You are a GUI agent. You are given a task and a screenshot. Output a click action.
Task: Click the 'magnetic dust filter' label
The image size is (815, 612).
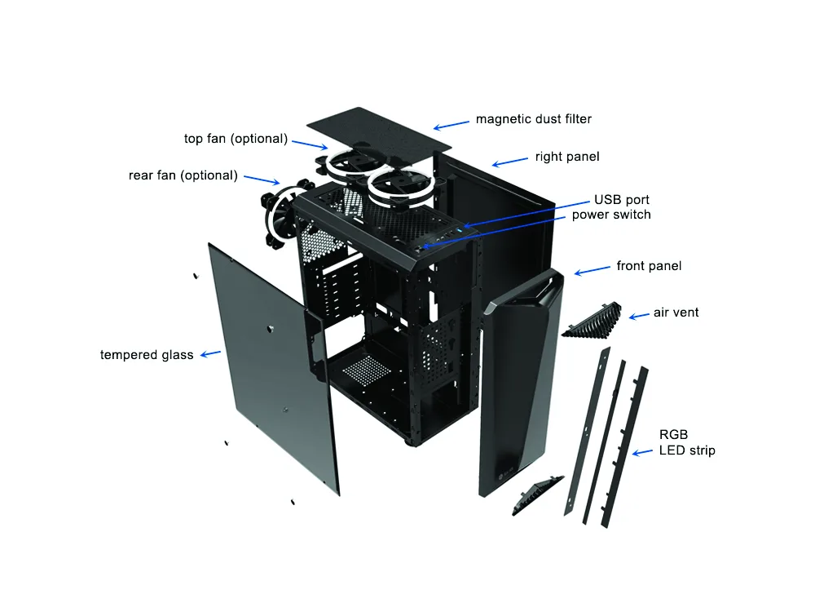534,119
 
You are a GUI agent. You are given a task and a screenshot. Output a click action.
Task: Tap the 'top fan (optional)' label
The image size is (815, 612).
236,139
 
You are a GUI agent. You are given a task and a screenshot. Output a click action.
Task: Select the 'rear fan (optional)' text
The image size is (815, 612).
183,175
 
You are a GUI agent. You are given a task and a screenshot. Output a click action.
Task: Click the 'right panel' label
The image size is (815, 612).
567,157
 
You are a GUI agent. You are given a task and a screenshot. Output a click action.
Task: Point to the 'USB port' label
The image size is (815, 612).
622,200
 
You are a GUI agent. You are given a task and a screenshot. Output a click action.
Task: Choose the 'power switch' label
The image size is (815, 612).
611,215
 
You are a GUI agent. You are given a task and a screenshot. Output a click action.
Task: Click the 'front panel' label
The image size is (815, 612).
649,266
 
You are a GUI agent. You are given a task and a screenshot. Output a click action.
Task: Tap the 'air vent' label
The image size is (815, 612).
676,313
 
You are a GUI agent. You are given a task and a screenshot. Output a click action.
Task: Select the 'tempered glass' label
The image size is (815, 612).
147,355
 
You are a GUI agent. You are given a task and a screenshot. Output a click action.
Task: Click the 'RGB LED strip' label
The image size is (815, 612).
686,442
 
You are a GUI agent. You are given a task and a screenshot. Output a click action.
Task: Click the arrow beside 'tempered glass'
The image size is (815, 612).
210,354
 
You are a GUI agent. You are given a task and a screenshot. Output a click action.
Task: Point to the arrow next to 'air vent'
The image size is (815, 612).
639,315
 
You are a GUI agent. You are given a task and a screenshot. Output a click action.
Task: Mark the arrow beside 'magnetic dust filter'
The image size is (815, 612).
452,126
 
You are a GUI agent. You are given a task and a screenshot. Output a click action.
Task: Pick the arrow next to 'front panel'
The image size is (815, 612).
592,270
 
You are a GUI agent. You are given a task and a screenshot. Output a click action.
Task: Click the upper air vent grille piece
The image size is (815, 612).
593,321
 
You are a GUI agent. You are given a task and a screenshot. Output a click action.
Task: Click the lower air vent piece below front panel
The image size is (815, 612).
537,494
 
